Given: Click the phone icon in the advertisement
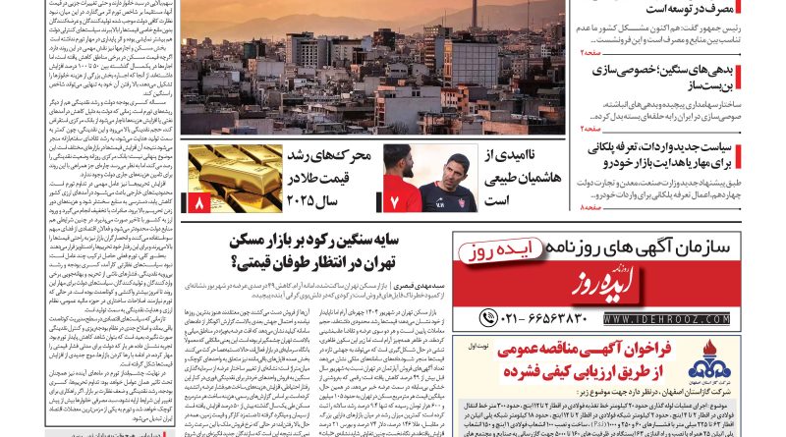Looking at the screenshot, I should (x=488, y=318).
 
